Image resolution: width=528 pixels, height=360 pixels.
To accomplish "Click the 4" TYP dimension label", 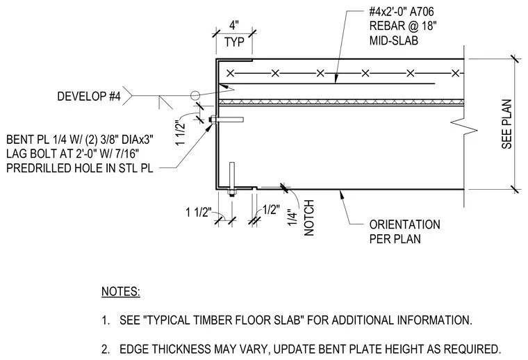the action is (234, 34).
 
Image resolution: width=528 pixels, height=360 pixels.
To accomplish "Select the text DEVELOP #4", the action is (88, 97).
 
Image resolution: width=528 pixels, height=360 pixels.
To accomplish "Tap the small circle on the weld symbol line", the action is (195, 96).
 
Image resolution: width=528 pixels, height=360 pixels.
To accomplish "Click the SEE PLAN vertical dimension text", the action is (506, 124).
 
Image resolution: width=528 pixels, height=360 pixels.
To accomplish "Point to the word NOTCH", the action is (308, 218).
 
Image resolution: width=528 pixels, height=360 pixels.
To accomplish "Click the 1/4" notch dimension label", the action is (292, 218).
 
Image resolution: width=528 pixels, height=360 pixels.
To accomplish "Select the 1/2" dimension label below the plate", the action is (271, 209).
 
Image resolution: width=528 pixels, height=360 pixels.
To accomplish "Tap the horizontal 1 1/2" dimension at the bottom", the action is (199, 213).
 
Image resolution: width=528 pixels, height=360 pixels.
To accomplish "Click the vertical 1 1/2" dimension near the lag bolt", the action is (181, 133).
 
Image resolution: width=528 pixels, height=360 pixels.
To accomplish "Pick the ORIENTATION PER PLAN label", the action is (404, 231).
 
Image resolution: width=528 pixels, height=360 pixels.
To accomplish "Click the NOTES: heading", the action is (121, 291).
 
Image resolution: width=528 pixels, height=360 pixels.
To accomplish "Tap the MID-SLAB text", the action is (394, 40).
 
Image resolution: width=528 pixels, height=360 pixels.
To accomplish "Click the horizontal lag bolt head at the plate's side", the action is (213, 120).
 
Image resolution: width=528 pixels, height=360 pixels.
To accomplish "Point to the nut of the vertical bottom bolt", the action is (231, 193).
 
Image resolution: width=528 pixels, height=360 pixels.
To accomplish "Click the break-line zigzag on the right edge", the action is (464, 127).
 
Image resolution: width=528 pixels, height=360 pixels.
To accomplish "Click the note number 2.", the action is (105, 349).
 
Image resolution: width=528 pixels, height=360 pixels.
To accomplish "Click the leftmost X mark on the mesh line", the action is (231, 73).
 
